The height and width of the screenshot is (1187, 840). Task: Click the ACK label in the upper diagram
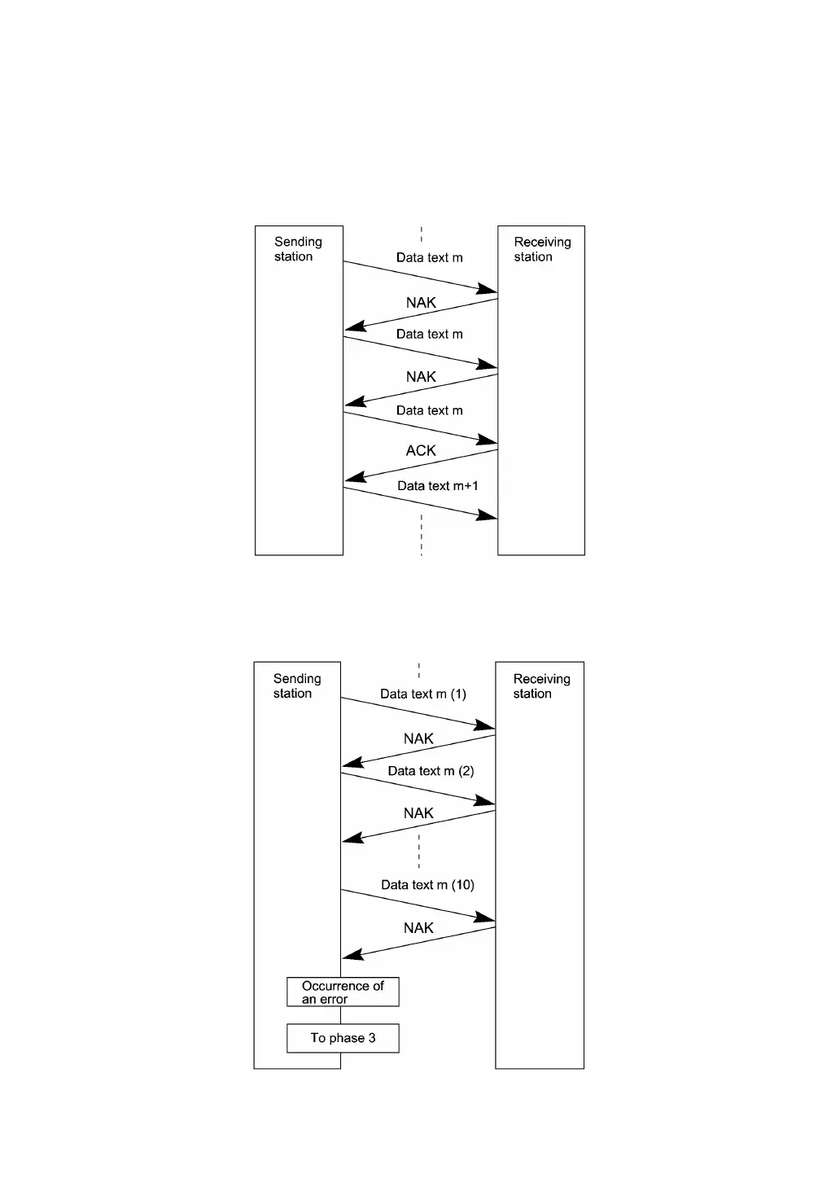(x=421, y=450)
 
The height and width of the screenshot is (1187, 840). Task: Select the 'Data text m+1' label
(x=437, y=486)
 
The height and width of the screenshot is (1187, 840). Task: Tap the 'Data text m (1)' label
(x=423, y=694)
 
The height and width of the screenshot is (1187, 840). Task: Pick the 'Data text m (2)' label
(x=431, y=771)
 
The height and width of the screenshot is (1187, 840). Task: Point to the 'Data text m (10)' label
(x=427, y=885)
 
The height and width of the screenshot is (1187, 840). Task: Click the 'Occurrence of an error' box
(x=343, y=992)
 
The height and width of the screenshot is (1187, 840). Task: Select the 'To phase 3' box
(x=343, y=1038)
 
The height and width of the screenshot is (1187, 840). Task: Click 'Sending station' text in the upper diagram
(x=297, y=249)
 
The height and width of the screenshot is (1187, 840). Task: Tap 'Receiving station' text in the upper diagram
(x=541, y=249)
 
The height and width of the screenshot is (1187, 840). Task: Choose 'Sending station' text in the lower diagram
(x=296, y=685)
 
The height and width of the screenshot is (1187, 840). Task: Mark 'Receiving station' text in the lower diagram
(x=540, y=685)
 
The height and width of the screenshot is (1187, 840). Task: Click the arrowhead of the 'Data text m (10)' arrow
(x=486, y=919)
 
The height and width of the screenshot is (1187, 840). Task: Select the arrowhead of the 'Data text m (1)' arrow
(x=486, y=725)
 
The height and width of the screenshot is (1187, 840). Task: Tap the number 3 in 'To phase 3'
(x=372, y=1038)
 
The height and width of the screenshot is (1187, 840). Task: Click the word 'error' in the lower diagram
(x=333, y=1000)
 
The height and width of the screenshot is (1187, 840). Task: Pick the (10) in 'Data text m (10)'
(x=462, y=885)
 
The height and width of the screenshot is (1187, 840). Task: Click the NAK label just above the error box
(x=418, y=928)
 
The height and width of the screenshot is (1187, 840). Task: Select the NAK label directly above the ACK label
(x=421, y=377)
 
